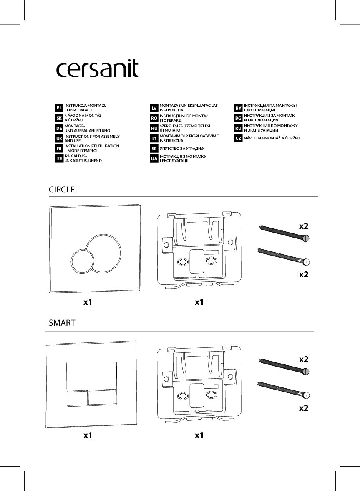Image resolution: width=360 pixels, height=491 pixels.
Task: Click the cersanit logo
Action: (97, 69)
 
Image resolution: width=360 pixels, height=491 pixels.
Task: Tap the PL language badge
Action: (59, 108)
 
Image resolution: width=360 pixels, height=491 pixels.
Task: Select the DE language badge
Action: (59, 128)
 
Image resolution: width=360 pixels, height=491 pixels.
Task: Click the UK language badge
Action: (59, 139)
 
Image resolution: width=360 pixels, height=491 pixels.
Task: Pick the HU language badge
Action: (154, 128)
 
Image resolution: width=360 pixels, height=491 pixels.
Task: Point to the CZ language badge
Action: (238, 138)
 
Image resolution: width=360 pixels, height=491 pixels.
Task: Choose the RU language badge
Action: (238, 128)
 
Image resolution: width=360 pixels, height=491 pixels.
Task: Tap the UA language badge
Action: (154, 159)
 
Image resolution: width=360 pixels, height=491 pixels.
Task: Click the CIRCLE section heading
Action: (62, 190)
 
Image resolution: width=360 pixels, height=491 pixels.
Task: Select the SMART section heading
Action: (62, 323)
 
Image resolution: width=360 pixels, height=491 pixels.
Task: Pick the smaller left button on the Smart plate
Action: (77, 397)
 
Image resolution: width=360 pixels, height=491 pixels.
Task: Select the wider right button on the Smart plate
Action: (103, 397)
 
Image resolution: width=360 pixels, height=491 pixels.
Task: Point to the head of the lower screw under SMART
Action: (307, 395)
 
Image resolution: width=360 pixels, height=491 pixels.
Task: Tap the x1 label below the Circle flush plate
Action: (88, 302)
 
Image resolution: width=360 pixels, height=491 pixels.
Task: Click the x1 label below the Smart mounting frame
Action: (199, 435)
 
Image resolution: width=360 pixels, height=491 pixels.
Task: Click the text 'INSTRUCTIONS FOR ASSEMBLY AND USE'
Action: (92, 139)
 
